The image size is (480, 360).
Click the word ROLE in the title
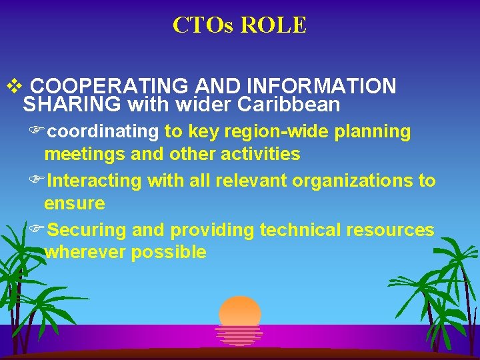273,25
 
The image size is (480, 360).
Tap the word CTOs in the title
203,25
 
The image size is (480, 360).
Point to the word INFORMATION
321,87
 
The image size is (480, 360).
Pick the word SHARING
72,105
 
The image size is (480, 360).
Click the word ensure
75,203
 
